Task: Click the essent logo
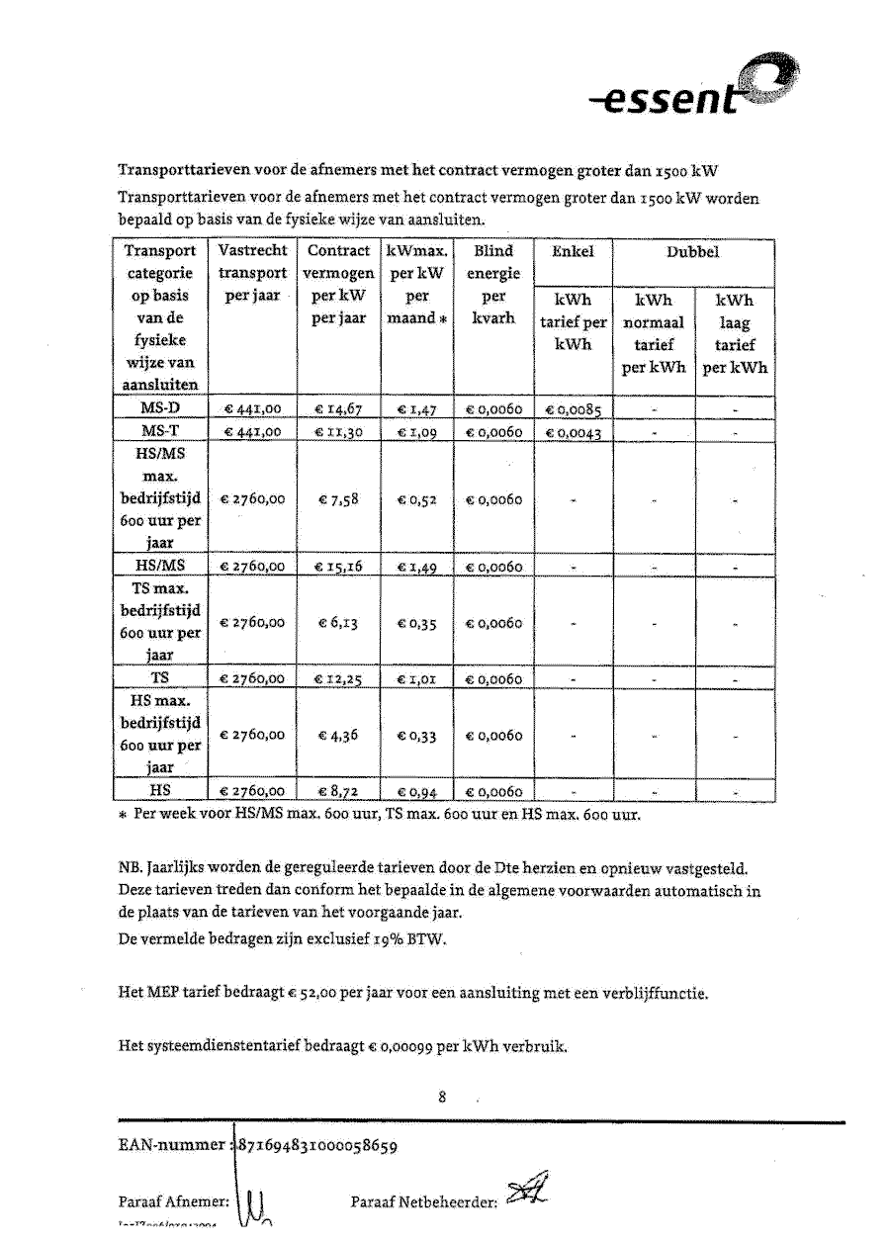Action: click(x=691, y=91)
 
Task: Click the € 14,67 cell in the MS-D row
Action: click(x=339, y=407)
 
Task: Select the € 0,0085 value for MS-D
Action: click(x=574, y=408)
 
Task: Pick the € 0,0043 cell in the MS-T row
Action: click(x=574, y=432)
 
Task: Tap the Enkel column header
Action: click(x=574, y=252)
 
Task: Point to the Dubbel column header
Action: click(x=692, y=252)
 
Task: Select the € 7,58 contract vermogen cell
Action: click(x=339, y=499)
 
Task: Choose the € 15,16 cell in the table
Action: click(x=339, y=567)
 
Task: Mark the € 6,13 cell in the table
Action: click(x=339, y=623)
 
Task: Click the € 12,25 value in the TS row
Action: click(x=339, y=679)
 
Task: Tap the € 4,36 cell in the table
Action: click(x=339, y=735)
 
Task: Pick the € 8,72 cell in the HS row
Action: click(x=339, y=791)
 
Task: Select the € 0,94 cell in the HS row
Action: click(x=417, y=791)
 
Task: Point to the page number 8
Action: click(x=443, y=1096)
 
